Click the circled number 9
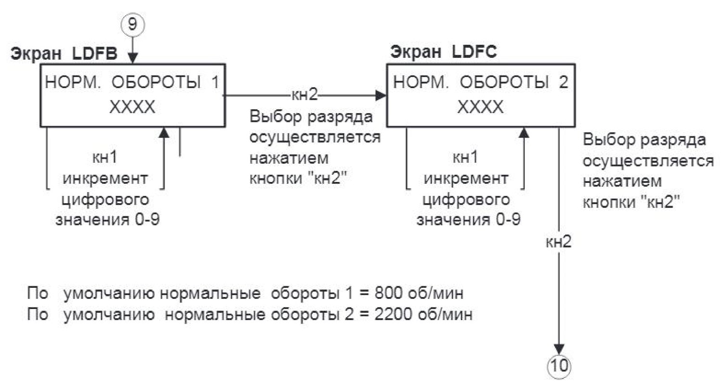(132, 25)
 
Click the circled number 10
(559, 366)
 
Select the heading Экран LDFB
(64, 53)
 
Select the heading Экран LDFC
(443, 52)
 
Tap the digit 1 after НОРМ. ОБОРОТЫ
(215, 82)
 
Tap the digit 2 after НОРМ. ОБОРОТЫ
(563, 82)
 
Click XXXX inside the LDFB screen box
(132, 107)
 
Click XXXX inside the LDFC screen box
(480, 107)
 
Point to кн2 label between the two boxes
(304, 95)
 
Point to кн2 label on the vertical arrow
(558, 242)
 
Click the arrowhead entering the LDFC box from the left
(381, 95)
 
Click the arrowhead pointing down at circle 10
(559, 349)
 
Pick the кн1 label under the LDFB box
(105, 157)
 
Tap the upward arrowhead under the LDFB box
(165, 132)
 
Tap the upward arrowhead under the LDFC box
(524, 132)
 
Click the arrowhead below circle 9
(133, 58)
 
